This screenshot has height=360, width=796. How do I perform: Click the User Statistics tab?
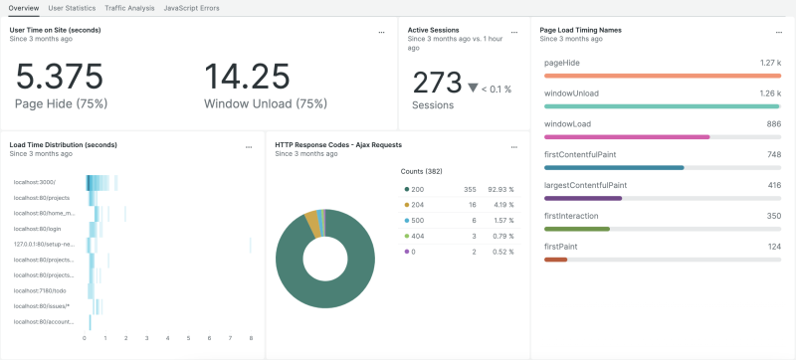(x=72, y=8)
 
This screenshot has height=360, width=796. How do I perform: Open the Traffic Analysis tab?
(x=129, y=8)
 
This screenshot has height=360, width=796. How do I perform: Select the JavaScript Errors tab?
(x=191, y=8)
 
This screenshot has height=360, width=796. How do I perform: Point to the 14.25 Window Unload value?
(x=248, y=78)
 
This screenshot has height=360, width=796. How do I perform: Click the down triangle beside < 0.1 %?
(x=474, y=88)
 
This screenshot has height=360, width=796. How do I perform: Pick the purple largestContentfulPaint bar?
(x=583, y=198)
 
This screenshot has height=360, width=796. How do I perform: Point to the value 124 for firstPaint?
(x=773, y=246)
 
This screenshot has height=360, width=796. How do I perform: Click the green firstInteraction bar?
(x=577, y=229)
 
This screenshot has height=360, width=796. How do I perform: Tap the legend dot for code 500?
(x=407, y=219)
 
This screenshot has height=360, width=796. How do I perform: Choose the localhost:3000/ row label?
(x=35, y=181)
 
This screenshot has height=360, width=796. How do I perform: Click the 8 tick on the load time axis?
(x=251, y=338)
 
